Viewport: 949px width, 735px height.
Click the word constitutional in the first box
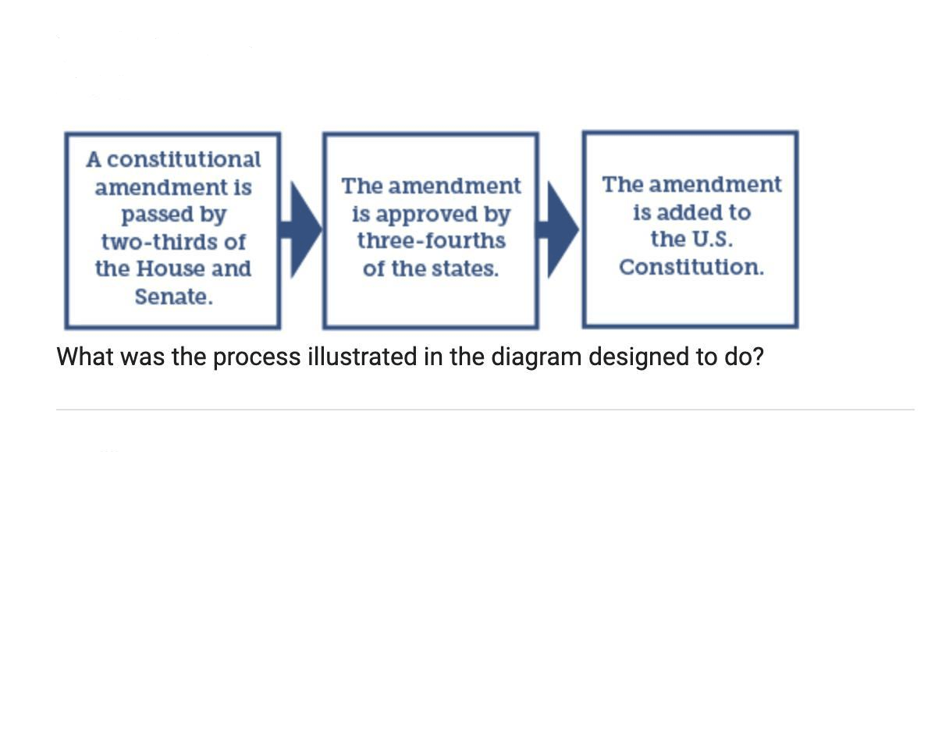coord(184,160)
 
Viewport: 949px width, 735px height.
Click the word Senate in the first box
coord(172,297)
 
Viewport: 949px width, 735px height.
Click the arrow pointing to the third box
coord(560,229)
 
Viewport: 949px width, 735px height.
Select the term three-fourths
coord(431,241)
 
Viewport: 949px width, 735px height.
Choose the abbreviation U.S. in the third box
coord(709,239)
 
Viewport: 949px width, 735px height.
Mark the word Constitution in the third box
coord(691,267)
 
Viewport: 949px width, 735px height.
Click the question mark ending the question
coord(759,357)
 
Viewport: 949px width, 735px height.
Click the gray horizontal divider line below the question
coord(485,410)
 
